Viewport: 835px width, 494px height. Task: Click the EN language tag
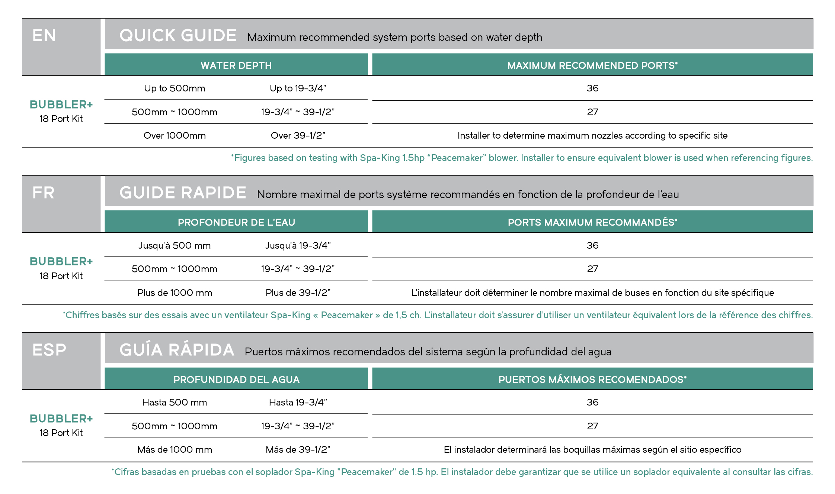(x=44, y=36)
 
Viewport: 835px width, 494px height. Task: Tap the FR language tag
(x=43, y=193)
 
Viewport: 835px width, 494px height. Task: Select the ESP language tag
(x=49, y=350)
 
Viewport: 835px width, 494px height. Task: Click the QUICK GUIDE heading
(x=178, y=36)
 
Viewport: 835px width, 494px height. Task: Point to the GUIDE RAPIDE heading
(x=183, y=193)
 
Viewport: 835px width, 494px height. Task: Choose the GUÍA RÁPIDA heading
(x=177, y=350)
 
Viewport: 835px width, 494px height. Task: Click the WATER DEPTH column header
(x=236, y=65)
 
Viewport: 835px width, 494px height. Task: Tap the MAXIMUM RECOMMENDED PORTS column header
(x=592, y=65)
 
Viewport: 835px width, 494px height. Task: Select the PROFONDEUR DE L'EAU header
(x=236, y=222)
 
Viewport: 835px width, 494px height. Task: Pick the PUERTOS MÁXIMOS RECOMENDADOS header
(x=592, y=380)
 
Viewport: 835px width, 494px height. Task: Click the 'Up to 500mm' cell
(x=175, y=88)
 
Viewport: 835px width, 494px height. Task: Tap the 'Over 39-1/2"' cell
(x=298, y=136)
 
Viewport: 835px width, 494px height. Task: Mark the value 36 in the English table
(x=592, y=88)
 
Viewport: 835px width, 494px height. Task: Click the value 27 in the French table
(x=592, y=269)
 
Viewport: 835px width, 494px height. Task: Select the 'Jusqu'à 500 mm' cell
(x=175, y=246)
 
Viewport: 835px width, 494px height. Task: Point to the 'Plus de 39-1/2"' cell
(x=298, y=293)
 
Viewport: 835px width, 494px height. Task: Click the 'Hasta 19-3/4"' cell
(x=298, y=403)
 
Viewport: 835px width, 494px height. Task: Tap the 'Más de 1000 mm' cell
(x=175, y=450)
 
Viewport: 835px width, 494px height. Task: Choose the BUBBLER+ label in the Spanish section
(x=61, y=419)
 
